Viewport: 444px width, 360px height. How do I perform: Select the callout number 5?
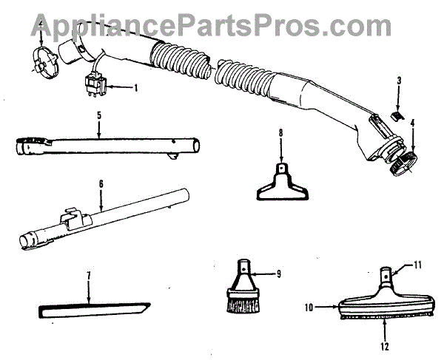(98, 116)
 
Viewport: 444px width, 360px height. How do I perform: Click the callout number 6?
(101, 183)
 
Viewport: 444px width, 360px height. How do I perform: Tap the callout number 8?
(281, 133)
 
